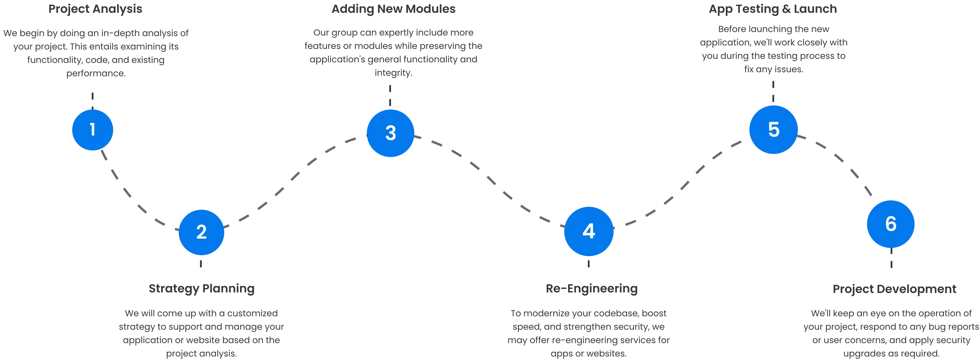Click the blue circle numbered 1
93,130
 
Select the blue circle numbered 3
390,133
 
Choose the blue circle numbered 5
773,130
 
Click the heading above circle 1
95,9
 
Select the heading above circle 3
393,9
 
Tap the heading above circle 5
773,9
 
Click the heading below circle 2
202,289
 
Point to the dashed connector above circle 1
93,100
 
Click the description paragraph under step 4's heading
589,333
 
